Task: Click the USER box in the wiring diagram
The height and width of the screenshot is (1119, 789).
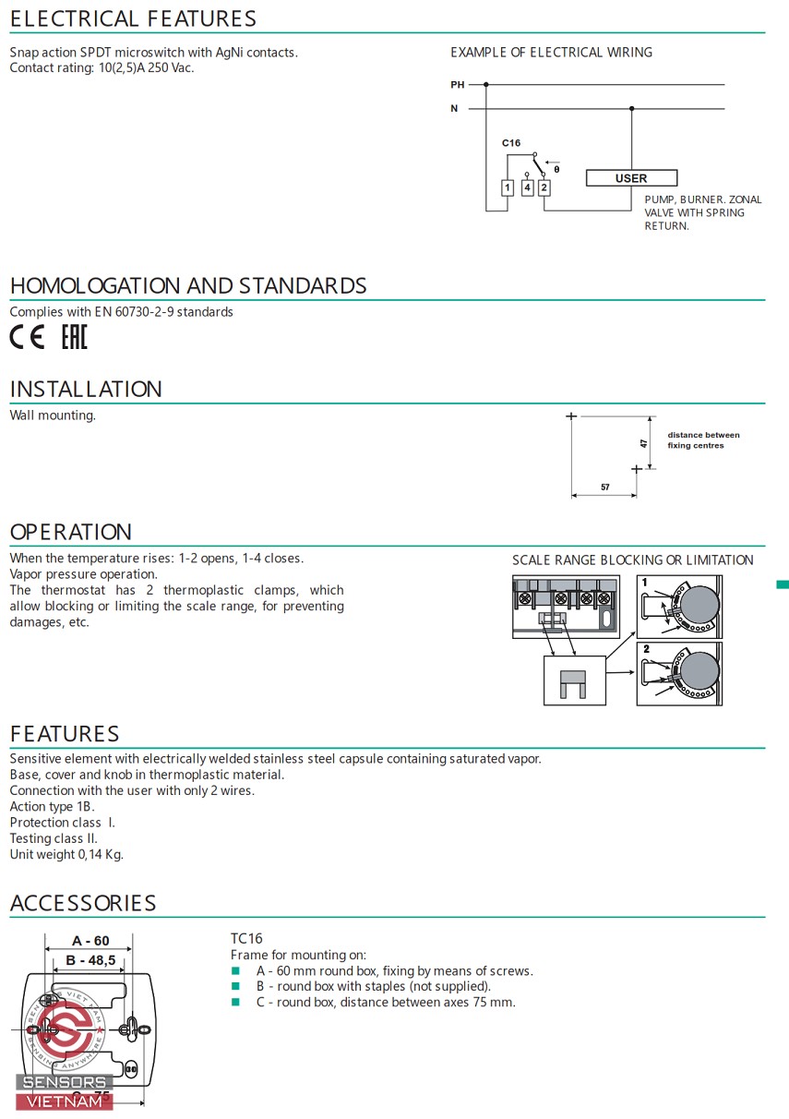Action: tap(631, 178)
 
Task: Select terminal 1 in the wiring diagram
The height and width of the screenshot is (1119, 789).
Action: tap(508, 187)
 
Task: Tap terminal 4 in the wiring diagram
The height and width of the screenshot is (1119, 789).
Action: tap(527, 187)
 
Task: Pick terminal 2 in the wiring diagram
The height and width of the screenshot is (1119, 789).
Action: tap(544, 187)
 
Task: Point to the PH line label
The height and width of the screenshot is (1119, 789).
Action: tap(458, 85)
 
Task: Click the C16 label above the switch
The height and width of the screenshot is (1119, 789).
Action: tap(511, 143)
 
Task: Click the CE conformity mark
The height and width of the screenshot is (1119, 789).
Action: tap(27, 336)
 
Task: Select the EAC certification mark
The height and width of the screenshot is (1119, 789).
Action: tap(75, 336)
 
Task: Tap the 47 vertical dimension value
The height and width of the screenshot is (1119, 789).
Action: tap(644, 443)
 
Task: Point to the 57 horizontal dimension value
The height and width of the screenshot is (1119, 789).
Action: tap(605, 487)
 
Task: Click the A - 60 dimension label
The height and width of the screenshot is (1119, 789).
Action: tap(90, 941)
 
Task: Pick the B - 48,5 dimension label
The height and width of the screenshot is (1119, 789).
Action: tap(90, 960)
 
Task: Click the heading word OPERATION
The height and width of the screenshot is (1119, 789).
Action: tap(71, 532)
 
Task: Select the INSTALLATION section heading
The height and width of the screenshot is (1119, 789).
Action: tap(86, 389)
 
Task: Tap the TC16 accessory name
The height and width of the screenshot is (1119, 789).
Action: tap(246, 939)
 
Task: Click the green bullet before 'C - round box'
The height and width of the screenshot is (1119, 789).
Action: tap(235, 1002)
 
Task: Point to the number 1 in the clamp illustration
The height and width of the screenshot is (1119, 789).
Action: tap(644, 582)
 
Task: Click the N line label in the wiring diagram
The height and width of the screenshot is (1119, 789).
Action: tap(454, 108)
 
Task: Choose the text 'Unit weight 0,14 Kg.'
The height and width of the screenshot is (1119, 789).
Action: tap(66, 855)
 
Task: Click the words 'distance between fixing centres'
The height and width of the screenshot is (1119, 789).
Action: tap(703, 440)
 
